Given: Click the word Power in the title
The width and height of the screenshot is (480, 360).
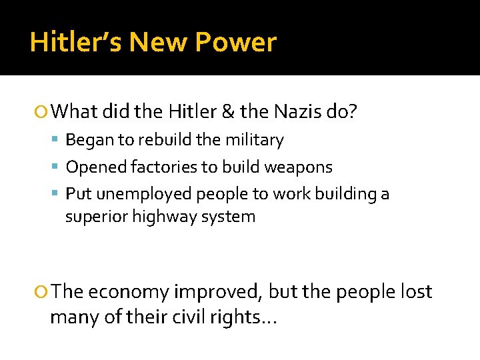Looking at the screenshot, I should coord(235,42).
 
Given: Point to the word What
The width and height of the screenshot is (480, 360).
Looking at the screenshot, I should coord(74,111).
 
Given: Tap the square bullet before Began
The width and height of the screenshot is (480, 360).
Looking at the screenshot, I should coord(59,141).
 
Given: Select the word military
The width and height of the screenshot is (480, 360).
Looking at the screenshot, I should coord(255,140).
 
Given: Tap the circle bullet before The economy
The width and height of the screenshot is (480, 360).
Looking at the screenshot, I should coord(43,292).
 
